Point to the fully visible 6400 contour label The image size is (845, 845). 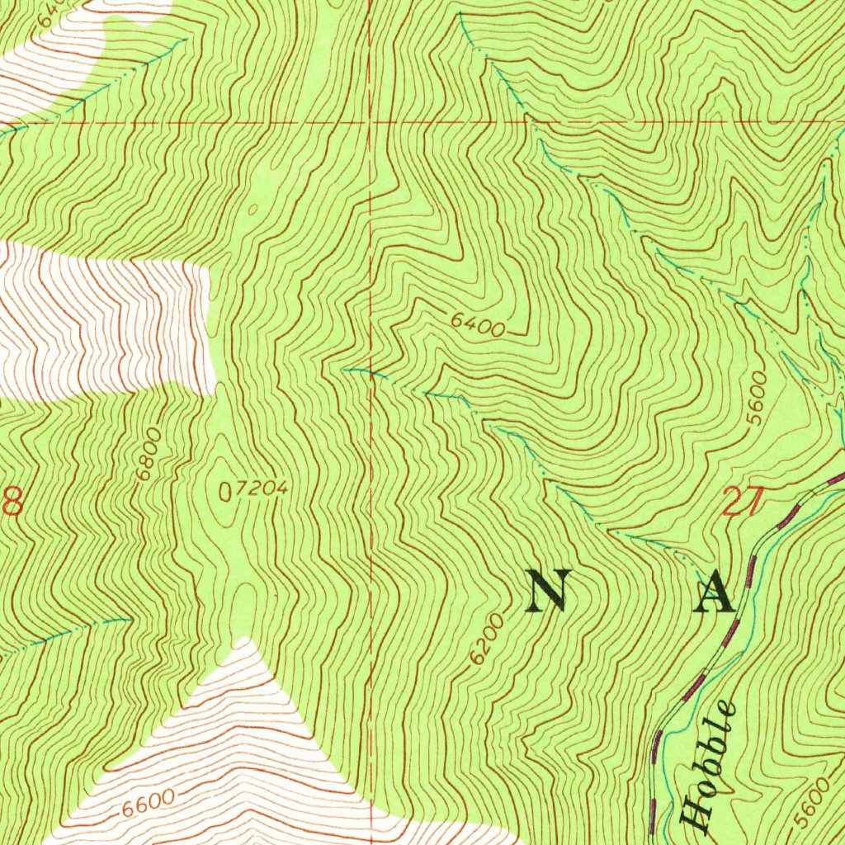pos(478,326)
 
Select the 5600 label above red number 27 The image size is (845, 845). pos(756,398)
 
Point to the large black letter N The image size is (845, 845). pos(547,592)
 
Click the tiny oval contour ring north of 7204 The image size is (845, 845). pos(253,209)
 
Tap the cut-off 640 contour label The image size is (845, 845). pos(51,10)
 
